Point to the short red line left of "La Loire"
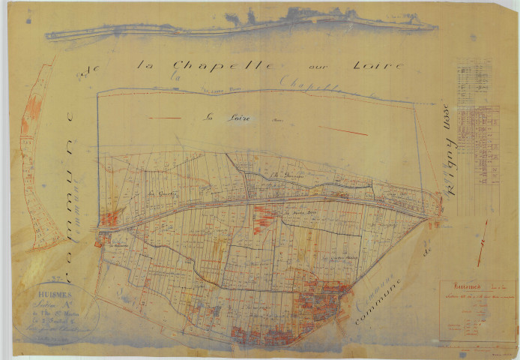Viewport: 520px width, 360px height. pyautogui.click(x=164, y=118)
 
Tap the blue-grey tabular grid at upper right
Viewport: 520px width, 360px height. pyautogui.click(x=478, y=120)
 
